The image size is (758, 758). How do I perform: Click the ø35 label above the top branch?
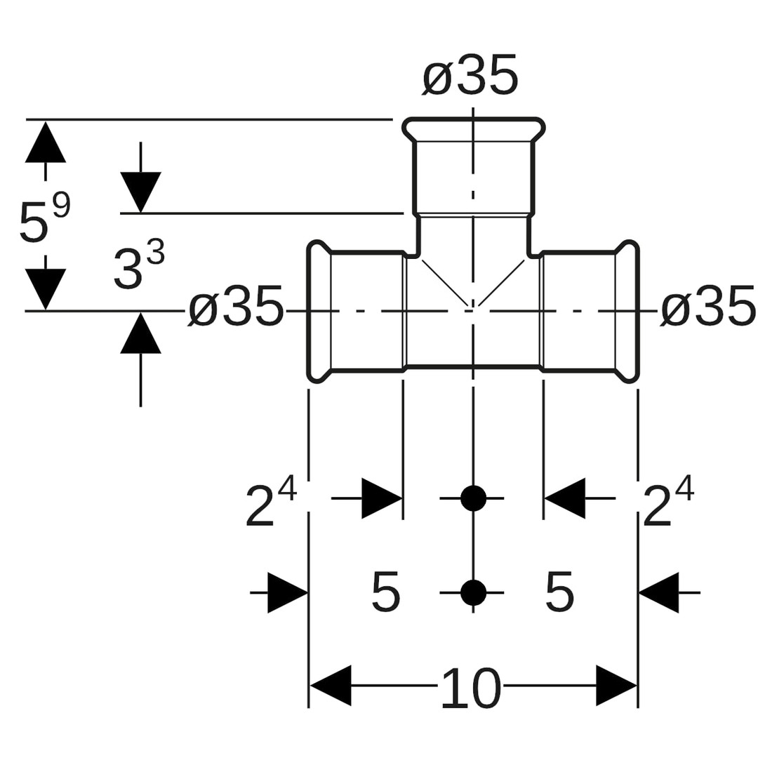(470, 77)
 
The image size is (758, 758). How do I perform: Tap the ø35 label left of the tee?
(236, 307)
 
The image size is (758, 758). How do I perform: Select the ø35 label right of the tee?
(708, 307)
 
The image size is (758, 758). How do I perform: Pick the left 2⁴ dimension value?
(271, 501)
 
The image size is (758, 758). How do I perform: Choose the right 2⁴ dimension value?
(668, 501)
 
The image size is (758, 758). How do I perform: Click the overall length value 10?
(470, 688)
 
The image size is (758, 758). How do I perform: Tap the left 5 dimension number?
(385, 592)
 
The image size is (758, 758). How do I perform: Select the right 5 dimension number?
(559, 592)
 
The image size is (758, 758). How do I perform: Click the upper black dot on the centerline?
(474, 498)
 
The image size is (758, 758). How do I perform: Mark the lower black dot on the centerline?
(474, 593)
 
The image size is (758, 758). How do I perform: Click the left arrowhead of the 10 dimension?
(330, 685)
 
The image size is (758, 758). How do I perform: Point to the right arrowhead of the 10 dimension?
(616, 685)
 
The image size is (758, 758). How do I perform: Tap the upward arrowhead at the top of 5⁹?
(46, 142)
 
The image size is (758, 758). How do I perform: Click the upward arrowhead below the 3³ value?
(140, 333)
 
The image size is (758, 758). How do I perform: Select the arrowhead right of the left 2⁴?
(381, 498)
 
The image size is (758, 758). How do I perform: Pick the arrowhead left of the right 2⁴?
(565, 498)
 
